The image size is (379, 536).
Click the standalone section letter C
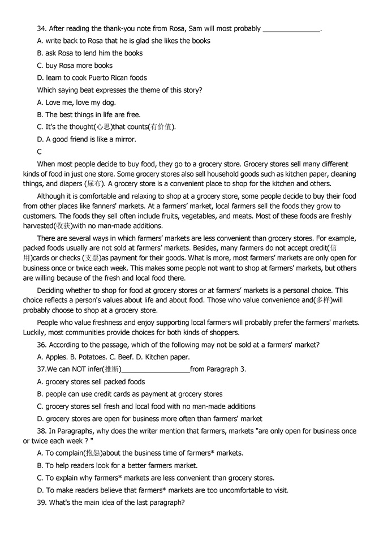click(x=40, y=152)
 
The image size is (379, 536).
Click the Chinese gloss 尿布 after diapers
click(x=94, y=184)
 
